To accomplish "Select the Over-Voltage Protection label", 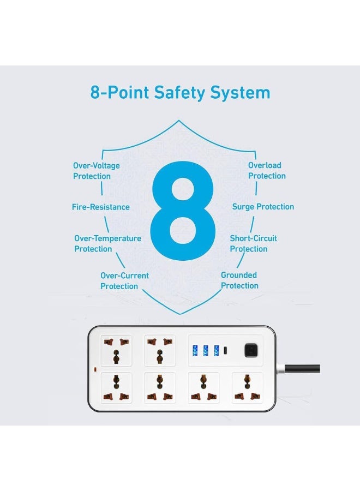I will [x=96, y=171].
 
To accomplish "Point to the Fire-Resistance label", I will [x=101, y=207].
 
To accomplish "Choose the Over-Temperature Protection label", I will [x=107, y=243].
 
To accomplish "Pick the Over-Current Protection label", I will [x=124, y=281].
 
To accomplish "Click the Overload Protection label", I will [x=267, y=170].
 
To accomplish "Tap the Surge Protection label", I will [x=263, y=207].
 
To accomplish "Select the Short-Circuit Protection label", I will [x=253, y=243].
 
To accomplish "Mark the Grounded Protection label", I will [x=239, y=280].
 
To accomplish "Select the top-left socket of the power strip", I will [x=116, y=350].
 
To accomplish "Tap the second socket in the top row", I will [x=160, y=350].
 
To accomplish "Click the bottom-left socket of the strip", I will [x=116, y=387].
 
